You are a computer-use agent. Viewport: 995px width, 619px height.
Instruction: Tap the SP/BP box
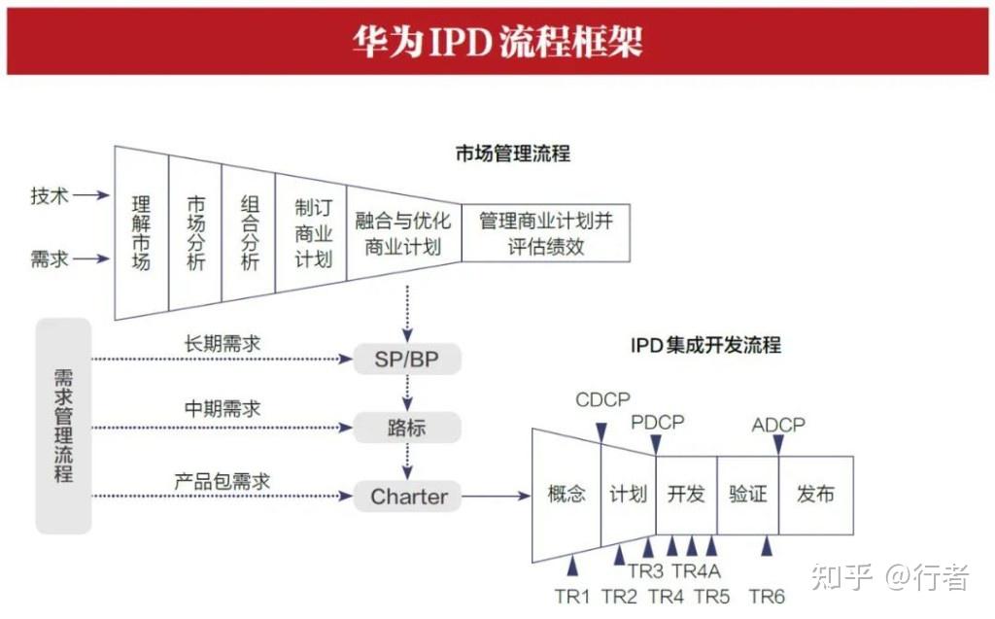pyautogui.click(x=406, y=360)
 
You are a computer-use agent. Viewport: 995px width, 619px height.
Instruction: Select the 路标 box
pyautogui.click(x=406, y=428)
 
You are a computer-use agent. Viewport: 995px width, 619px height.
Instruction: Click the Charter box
pyautogui.click(x=409, y=497)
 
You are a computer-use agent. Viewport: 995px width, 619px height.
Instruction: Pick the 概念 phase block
pyautogui.click(x=566, y=495)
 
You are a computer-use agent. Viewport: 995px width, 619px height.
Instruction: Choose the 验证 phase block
pyautogui.click(x=747, y=495)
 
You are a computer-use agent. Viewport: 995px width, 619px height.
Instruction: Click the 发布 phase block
pyautogui.click(x=815, y=495)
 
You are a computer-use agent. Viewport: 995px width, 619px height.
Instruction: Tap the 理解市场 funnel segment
pyautogui.click(x=142, y=233)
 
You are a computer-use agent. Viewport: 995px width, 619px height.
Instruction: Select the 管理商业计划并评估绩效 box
pyautogui.click(x=545, y=233)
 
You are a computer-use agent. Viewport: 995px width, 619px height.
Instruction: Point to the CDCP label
pyautogui.click(x=602, y=400)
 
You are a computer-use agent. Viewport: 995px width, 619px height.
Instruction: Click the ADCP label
pyautogui.click(x=778, y=426)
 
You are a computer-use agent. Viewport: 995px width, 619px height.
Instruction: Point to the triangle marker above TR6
pyautogui.click(x=767, y=547)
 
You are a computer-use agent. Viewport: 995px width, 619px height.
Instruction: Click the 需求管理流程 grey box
pyautogui.click(x=63, y=426)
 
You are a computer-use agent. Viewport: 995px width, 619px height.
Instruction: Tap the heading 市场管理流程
pyautogui.click(x=512, y=154)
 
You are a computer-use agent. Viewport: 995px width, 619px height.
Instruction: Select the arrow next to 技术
pyautogui.click(x=90, y=195)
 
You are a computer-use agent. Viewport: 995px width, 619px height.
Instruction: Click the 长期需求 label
pyautogui.click(x=223, y=344)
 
